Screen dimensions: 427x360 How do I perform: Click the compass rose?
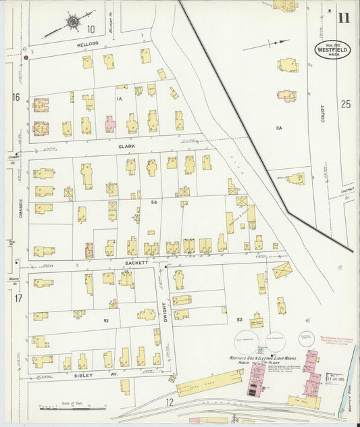coord(71,22)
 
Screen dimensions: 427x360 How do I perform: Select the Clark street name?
coord(127,145)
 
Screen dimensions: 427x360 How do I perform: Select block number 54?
coord(154,202)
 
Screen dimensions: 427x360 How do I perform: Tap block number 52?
coord(106,320)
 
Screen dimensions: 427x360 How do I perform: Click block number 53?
coord(239,319)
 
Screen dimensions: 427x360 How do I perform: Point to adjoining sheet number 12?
coord(170,403)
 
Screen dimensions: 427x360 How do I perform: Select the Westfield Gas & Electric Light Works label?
coord(240,356)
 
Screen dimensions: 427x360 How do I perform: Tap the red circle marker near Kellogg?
coord(26,58)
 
